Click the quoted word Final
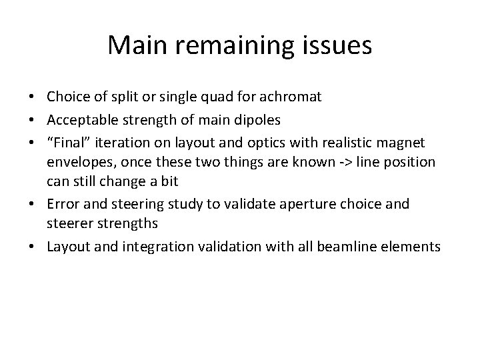click(x=67, y=143)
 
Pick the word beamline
click(x=358, y=247)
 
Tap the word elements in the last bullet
click(x=415, y=247)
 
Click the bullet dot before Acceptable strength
click(x=35, y=120)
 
